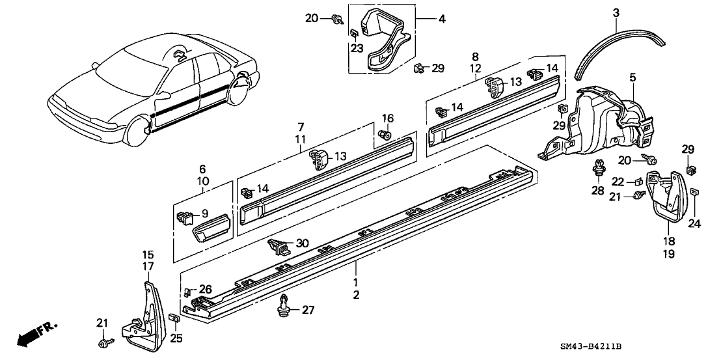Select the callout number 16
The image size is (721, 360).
tap(388, 118)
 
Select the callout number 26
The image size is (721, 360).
tap(206, 289)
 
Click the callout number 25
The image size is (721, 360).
tap(176, 337)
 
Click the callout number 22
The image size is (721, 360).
tap(618, 182)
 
